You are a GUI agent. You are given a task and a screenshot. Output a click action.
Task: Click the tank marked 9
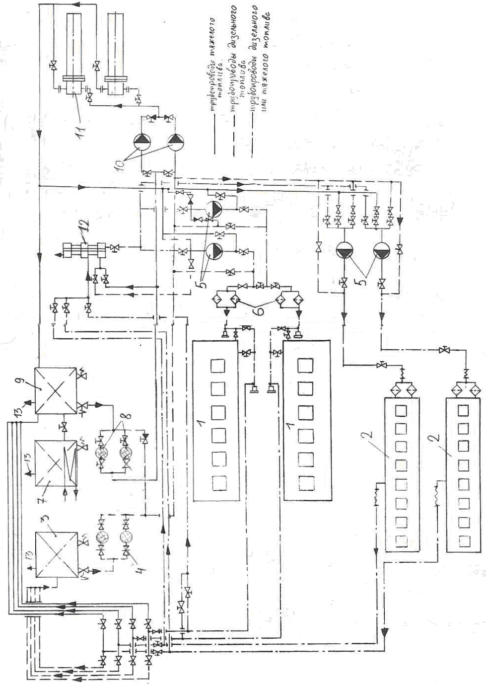(56, 390)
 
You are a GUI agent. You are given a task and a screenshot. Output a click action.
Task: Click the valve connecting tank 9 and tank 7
(64, 427)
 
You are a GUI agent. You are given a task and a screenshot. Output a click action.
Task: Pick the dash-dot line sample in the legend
(253, 137)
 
